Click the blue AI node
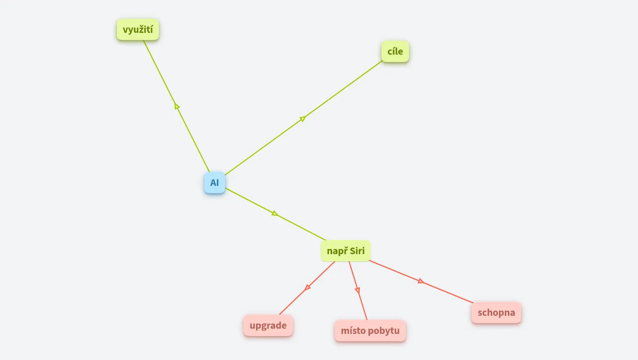pyautogui.click(x=214, y=183)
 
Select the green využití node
pyautogui.click(x=138, y=30)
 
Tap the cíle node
pyautogui.click(x=395, y=52)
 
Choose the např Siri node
pyautogui.click(x=345, y=251)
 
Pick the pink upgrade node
pyautogui.click(x=268, y=325)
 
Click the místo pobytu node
pyautogui.click(x=370, y=330)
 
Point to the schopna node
pyautogui.click(x=496, y=313)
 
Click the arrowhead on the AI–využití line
pyautogui.click(x=176, y=106)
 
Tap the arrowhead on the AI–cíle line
pyautogui.click(x=303, y=118)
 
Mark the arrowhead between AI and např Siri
pyautogui.click(x=275, y=213)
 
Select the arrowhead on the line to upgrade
pyautogui.click(x=307, y=287)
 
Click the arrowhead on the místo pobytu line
pyautogui.click(x=357, y=290)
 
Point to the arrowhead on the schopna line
pyautogui.click(x=421, y=281)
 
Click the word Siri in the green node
pyautogui.click(x=357, y=251)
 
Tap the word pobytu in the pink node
pyautogui.click(x=382, y=331)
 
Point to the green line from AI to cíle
pyautogui.click(x=304, y=118)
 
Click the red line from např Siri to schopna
pyautogui.click(x=421, y=281)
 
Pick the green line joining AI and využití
pyautogui.click(x=176, y=106)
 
